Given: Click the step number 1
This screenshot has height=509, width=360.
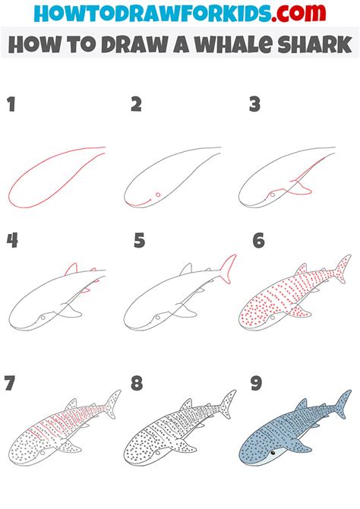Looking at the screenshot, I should pyautogui.click(x=11, y=106).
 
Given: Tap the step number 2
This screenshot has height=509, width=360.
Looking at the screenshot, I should pyautogui.click(x=136, y=106).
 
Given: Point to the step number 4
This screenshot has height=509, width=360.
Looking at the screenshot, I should pyautogui.click(x=11, y=241).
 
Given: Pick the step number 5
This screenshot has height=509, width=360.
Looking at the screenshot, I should pyautogui.click(x=138, y=241).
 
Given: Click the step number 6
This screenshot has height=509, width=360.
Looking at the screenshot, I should pyautogui.click(x=259, y=241).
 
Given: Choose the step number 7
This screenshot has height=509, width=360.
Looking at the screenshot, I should pyautogui.click(x=11, y=382).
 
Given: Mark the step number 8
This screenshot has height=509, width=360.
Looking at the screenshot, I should pyautogui.click(x=137, y=382).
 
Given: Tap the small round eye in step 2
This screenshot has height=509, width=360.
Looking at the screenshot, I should pyautogui.click(x=157, y=195).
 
